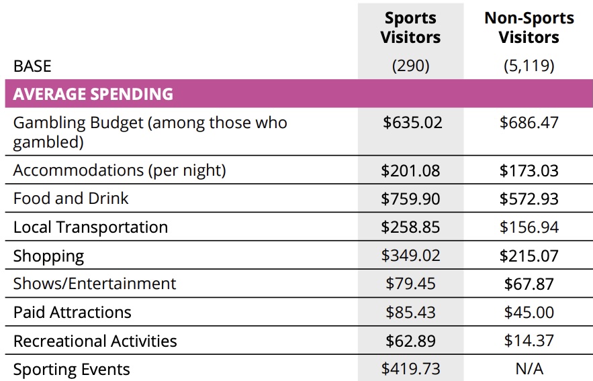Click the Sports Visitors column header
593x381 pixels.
pos(410,28)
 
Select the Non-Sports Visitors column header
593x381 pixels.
pos(529,28)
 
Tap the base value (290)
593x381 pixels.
pos(410,66)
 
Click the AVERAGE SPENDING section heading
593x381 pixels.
pos(93,94)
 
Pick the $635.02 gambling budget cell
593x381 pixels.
pos(410,123)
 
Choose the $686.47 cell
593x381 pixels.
pos(529,123)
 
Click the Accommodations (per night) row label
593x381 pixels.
pos(120,170)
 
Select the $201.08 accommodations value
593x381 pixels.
pos(410,171)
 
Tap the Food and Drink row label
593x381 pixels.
pos(71,199)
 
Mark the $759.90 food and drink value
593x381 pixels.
pos(410,199)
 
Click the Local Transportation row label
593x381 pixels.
pos(91,227)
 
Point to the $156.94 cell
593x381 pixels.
pos(529,228)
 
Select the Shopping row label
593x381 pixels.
pos(49,256)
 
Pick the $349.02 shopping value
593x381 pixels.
pos(410,256)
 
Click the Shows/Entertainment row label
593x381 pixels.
pos(95,284)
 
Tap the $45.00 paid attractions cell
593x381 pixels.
pos(529,313)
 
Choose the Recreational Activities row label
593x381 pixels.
pos(95,341)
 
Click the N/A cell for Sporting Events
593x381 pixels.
pos(529,369)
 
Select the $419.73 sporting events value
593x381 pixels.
pos(410,369)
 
